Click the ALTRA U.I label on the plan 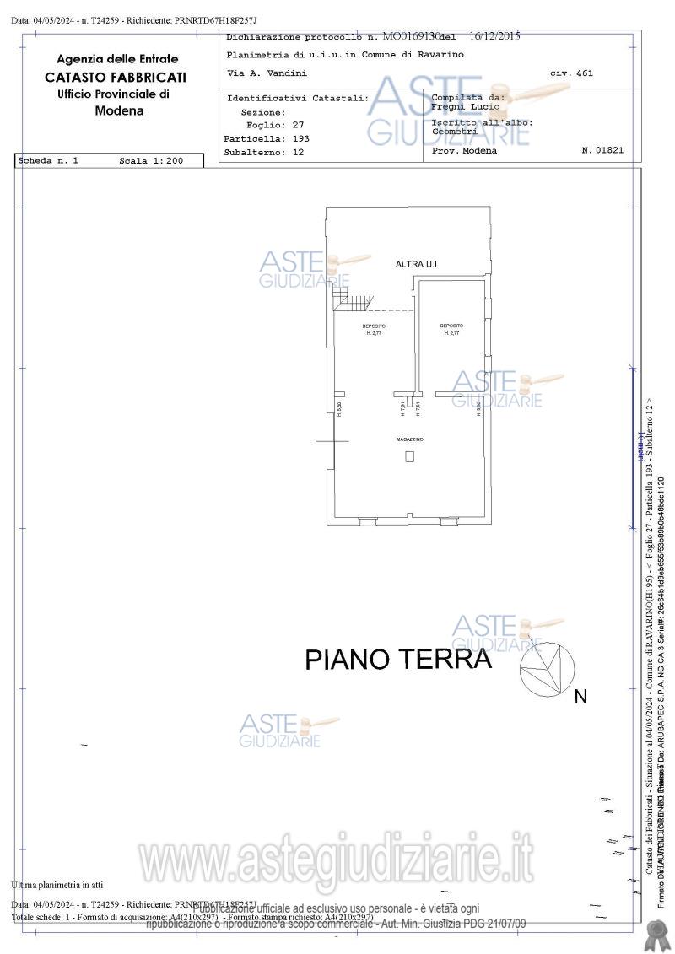pyautogui.click(x=416, y=265)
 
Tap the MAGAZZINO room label pyautogui.click(x=410, y=440)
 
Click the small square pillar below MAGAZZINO pyautogui.click(x=410, y=456)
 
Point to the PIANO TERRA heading pyautogui.click(x=397, y=660)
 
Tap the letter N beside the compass pyautogui.click(x=580, y=697)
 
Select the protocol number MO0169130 pyautogui.click(x=413, y=37)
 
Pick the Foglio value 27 pyautogui.click(x=298, y=125)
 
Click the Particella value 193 pyautogui.click(x=301, y=138)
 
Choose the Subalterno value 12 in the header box pyautogui.click(x=298, y=153)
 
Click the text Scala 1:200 pyautogui.click(x=151, y=160)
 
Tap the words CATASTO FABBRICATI pyautogui.click(x=116, y=77)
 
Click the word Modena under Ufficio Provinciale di pyautogui.click(x=119, y=110)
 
